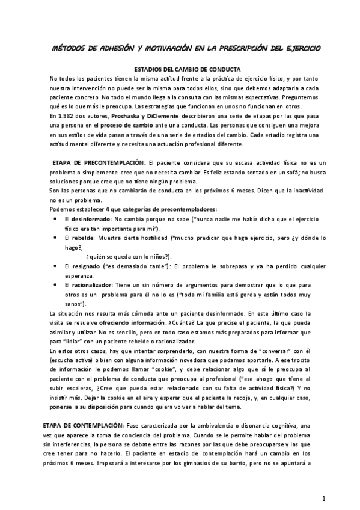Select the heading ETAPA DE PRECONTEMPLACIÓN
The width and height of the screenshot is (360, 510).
(x=98, y=162)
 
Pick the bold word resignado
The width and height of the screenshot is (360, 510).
(x=85, y=266)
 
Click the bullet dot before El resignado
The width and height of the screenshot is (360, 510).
(x=55, y=266)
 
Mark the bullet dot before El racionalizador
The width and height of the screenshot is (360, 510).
(x=55, y=284)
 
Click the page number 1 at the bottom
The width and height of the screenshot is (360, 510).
(x=323, y=498)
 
